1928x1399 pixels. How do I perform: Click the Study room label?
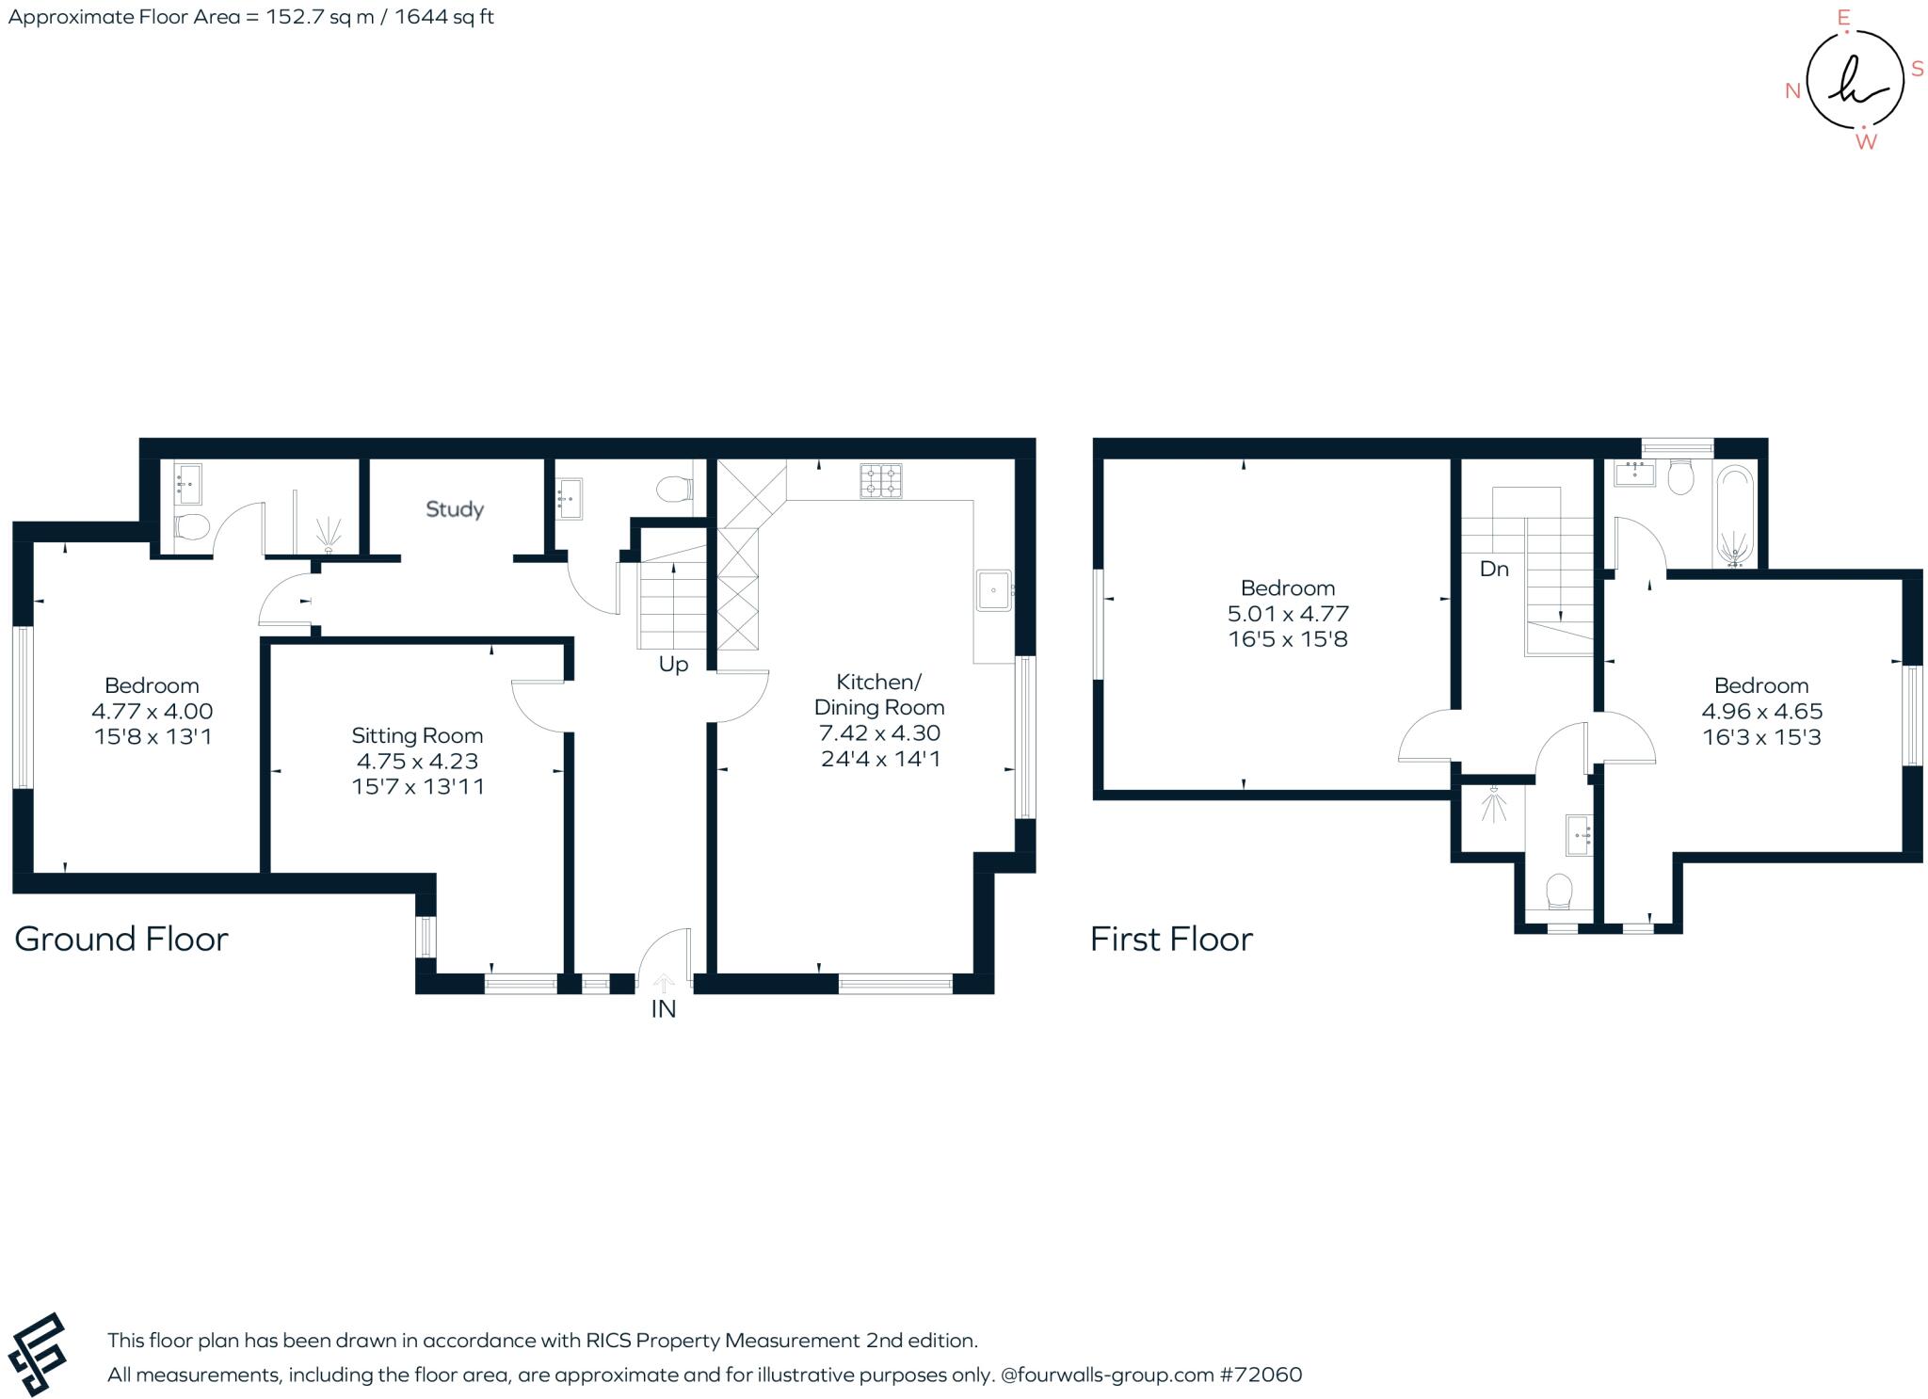click(455, 509)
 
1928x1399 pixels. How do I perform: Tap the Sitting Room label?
click(417, 735)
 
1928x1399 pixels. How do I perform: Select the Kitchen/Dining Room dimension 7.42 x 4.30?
click(880, 732)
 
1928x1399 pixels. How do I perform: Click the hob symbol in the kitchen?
click(880, 480)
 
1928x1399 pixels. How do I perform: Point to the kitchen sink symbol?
click(993, 590)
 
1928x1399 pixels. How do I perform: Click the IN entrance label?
click(664, 1009)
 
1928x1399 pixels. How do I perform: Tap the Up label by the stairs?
click(673, 665)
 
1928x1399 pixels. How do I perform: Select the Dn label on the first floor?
click(1494, 569)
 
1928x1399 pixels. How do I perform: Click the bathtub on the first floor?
click(1736, 516)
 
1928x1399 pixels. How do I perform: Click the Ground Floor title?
click(121, 940)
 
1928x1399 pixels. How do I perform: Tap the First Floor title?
click(1171, 940)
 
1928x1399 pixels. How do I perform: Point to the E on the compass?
click(1843, 17)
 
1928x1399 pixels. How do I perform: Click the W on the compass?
click(1865, 142)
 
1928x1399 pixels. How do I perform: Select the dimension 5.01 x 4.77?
click(1288, 614)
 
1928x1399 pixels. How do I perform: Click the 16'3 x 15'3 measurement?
click(1761, 737)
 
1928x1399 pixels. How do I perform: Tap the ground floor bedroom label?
click(152, 685)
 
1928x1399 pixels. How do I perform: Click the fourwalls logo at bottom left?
click(38, 1355)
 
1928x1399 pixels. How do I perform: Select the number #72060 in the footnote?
click(1261, 1375)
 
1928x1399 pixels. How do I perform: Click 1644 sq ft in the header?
click(444, 17)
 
